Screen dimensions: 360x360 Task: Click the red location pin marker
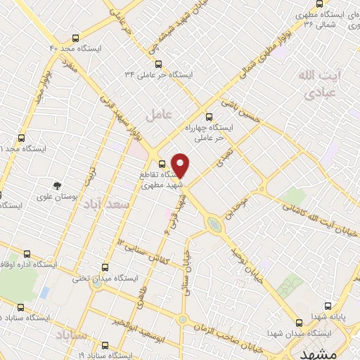(x=181, y=165)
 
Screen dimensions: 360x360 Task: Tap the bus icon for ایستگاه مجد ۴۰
(x=75, y=39)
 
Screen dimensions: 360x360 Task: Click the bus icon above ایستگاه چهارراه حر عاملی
(x=207, y=117)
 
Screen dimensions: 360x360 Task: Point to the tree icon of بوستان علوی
(x=54, y=186)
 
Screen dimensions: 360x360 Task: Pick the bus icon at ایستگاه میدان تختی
(x=105, y=267)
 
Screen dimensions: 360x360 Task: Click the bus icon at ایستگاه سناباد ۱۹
(x=105, y=345)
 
